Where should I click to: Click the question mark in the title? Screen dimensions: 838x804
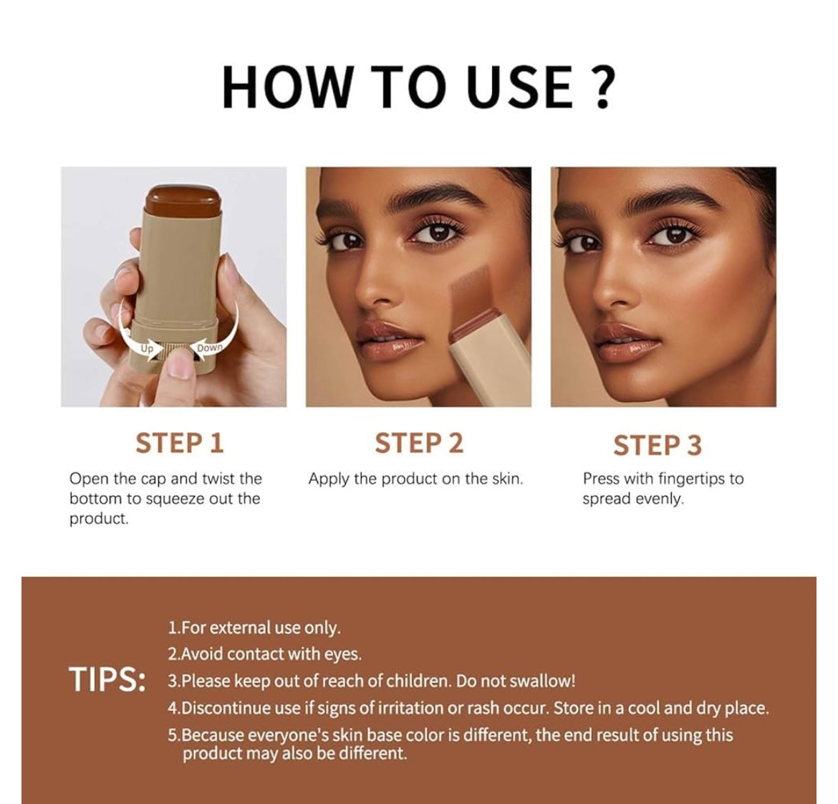(x=602, y=87)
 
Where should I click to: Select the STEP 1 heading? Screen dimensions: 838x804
(x=180, y=443)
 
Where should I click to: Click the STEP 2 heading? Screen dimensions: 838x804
(x=418, y=443)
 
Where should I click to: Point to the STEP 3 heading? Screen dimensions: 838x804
(x=657, y=445)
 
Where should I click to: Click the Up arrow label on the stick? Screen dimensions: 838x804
(x=146, y=348)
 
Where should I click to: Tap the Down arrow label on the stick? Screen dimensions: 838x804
(x=209, y=348)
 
